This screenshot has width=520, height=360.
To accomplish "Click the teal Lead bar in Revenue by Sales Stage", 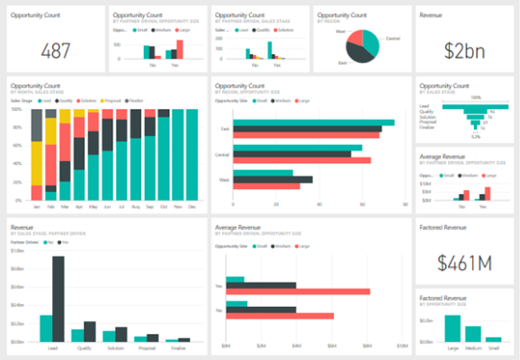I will (x=46, y=328).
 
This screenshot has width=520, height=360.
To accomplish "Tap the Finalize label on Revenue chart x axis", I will (x=178, y=348).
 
